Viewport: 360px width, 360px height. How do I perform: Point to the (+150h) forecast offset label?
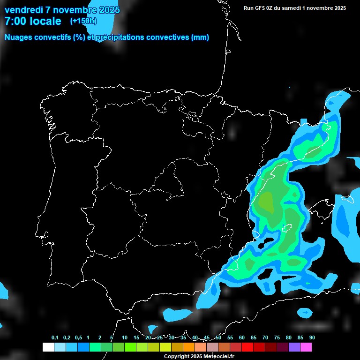(83, 21)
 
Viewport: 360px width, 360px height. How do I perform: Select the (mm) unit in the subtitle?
(200, 37)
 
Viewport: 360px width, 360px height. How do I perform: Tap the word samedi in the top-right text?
(290, 7)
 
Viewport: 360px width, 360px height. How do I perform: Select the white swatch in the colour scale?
(48, 347)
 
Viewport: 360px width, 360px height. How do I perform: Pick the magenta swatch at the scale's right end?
(306, 347)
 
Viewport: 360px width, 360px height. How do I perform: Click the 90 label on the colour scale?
(312, 338)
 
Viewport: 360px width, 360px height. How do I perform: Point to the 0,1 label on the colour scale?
(55, 338)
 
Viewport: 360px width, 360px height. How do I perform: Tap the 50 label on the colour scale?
(218, 338)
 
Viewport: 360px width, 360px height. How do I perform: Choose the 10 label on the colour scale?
(125, 338)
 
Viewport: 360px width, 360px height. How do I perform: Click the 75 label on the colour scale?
(277, 338)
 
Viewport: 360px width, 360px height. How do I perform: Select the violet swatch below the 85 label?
(294, 347)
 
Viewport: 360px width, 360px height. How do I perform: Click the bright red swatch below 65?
(247, 347)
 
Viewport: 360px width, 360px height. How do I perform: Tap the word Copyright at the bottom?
(177, 357)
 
